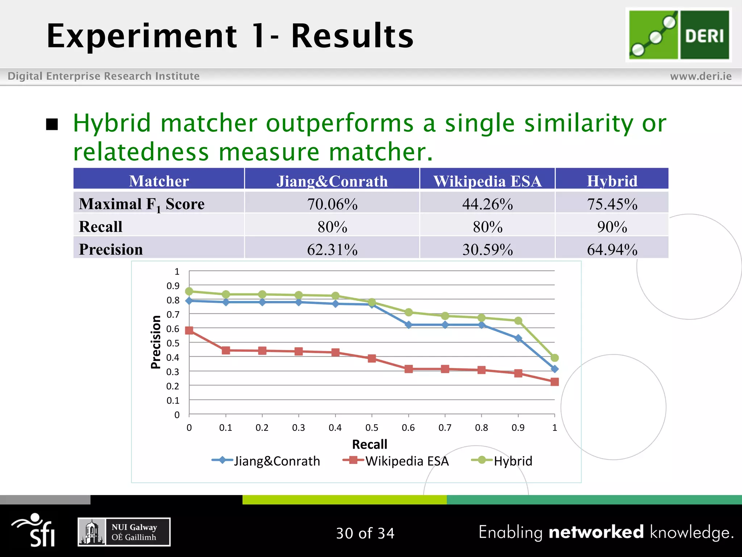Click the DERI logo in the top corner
tap(679, 35)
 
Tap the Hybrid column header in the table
tap(612, 181)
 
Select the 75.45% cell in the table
tap(612, 204)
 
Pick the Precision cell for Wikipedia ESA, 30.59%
tap(487, 249)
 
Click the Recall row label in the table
tap(101, 227)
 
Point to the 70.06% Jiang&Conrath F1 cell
tap(332, 204)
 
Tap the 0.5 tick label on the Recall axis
tap(372, 428)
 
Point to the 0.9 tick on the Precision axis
tap(173, 286)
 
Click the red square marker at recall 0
tap(189, 330)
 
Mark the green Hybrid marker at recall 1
tap(554, 358)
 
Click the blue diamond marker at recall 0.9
tap(518, 338)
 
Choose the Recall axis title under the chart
tap(370, 444)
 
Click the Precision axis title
tap(156, 342)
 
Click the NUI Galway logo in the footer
tap(124, 532)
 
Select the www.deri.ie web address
tap(701, 76)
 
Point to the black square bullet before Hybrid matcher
tap(52, 124)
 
